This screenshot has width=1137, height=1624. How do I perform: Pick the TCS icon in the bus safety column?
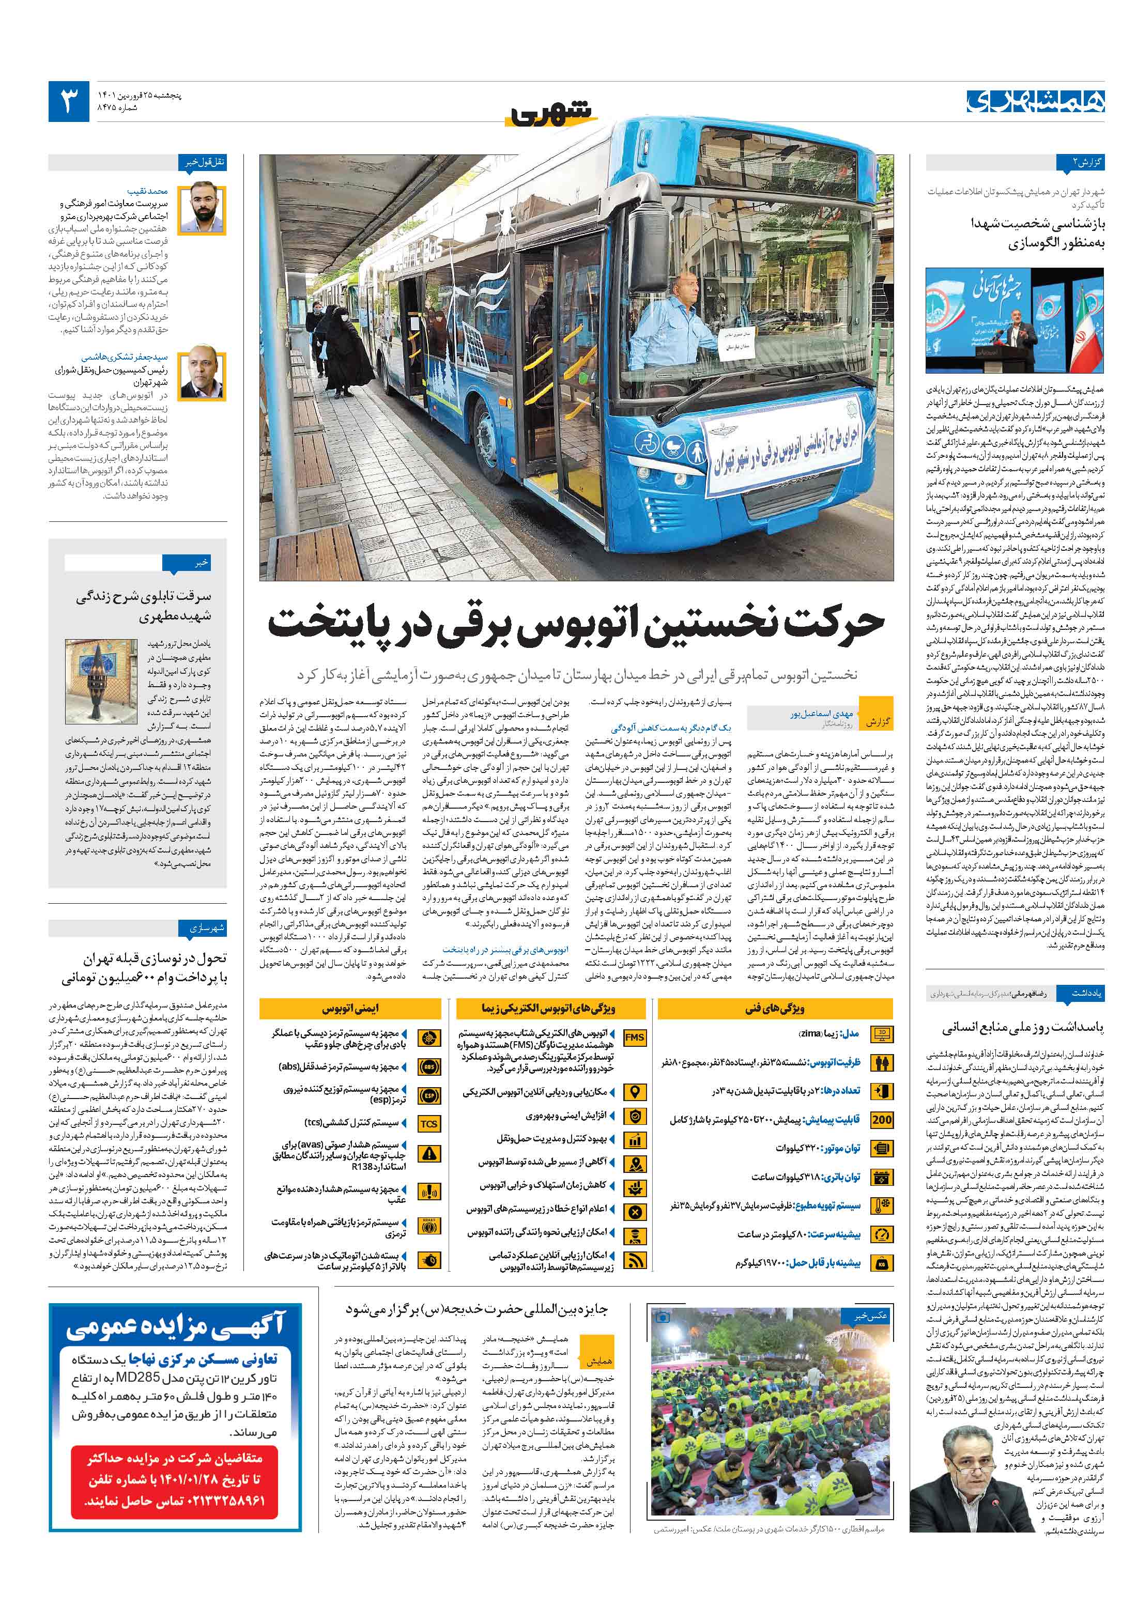(x=429, y=1124)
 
